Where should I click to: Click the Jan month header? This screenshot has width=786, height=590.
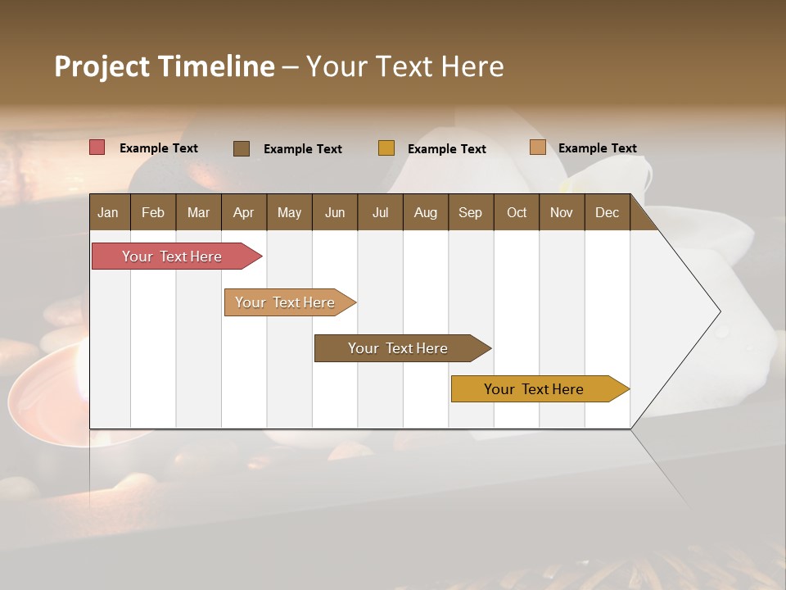(x=108, y=212)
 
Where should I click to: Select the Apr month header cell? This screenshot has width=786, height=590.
(x=243, y=212)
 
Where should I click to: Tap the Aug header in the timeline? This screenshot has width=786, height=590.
(x=425, y=212)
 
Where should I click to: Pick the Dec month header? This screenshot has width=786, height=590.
(x=607, y=212)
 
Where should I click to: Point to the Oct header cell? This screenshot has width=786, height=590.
(x=517, y=212)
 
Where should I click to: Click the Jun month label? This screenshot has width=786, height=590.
(x=335, y=212)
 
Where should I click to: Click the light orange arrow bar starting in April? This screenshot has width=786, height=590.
(x=287, y=302)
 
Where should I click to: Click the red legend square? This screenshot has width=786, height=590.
(x=97, y=147)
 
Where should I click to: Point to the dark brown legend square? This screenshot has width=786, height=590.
(x=242, y=148)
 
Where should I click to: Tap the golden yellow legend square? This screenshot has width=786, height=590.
(x=386, y=148)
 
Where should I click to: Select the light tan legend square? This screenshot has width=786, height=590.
(x=538, y=147)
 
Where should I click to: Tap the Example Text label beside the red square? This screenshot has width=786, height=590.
(x=159, y=148)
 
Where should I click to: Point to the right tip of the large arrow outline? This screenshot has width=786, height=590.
(x=719, y=311)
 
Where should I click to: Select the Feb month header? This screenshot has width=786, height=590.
(x=153, y=212)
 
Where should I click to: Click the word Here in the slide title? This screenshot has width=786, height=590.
(x=472, y=66)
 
